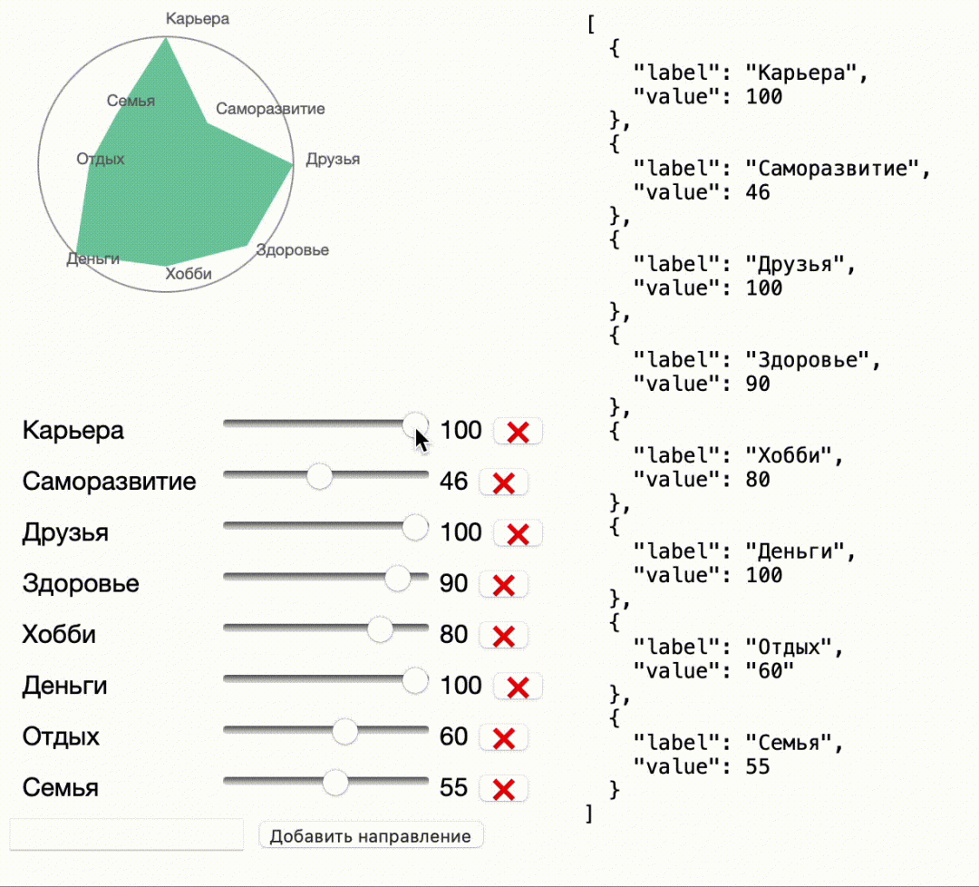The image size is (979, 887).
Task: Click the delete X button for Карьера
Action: click(518, 432)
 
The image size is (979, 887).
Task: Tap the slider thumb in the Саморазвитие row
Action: click(319, 475)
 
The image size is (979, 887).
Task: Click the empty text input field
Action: click(127, 834)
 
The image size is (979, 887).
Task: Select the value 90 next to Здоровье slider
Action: click(453, 583)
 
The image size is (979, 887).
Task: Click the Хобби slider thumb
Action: click(380, 629)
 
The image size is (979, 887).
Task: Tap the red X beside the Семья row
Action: click(503, 789)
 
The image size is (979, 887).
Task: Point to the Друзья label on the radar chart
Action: click(333, 160)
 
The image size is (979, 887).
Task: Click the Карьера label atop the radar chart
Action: click(198, 18)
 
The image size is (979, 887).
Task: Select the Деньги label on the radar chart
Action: click(93, 259)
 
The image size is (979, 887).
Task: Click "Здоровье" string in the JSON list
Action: click(812, 359)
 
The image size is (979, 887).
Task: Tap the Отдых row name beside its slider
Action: click(61, 736)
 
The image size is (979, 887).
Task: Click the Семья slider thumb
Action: click(335, 782)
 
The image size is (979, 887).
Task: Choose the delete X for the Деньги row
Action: click(518, 687)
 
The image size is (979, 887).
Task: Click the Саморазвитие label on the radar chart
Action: click(270, 109)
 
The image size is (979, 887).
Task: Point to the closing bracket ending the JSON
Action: click(590, 814)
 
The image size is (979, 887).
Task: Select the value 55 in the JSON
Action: click(758, 766)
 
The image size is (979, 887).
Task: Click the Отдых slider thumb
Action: click(344, 731)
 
